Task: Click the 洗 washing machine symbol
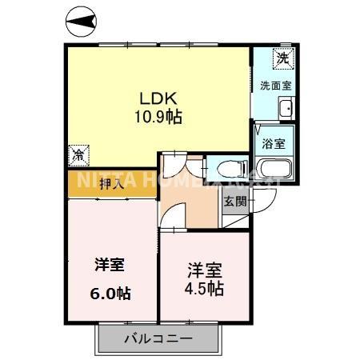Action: pyautogui.click(x=281, y=58)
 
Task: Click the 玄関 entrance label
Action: pyautogui.click(x=234, y=201)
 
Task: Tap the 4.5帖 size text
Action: pyautogui.click(x=206, y=288)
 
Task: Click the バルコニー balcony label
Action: pyautogui.click(x=158, y=339)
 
